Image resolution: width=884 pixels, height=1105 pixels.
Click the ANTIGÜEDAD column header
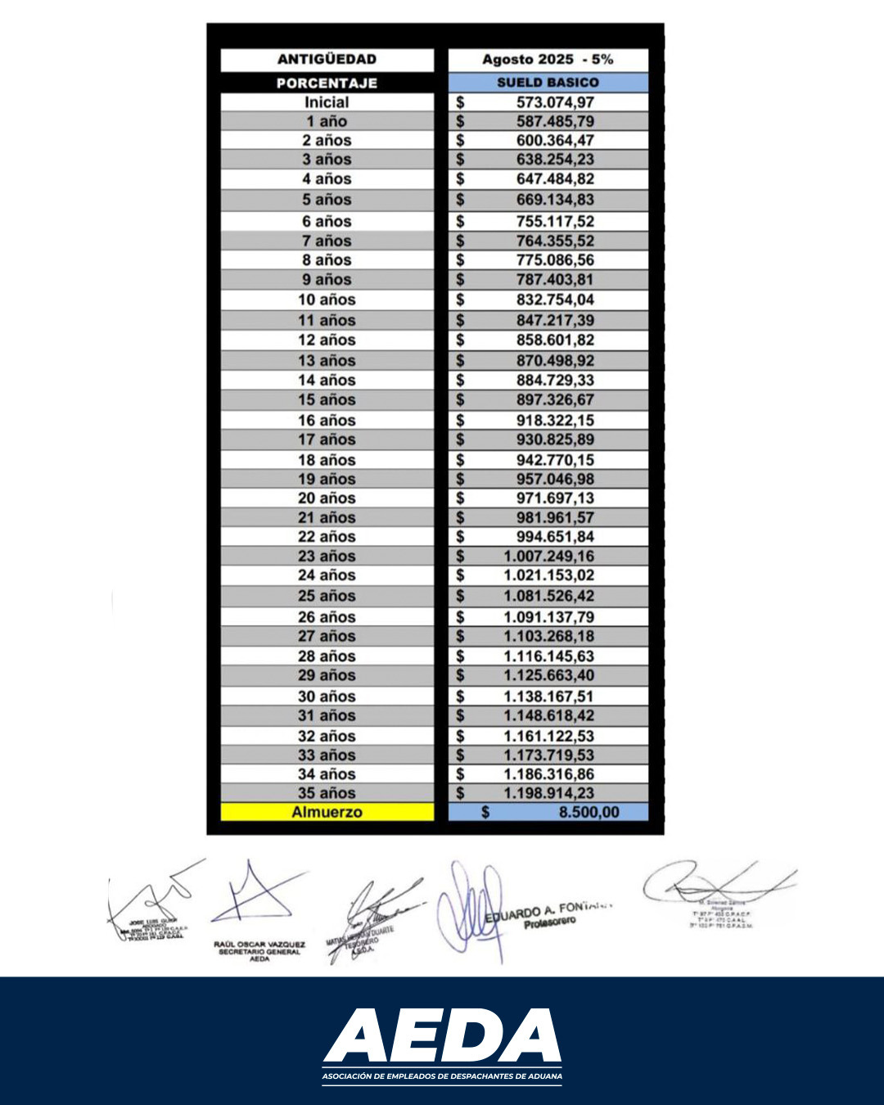pyautogui.click(x=327, y=60)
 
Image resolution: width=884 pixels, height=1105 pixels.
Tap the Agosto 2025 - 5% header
pyautogui.click(x=548, y=60)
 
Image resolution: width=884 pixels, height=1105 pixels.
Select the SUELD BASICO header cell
pyautogui.click(x=548, y=83)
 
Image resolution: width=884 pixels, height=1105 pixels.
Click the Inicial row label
pyautogui.click(x=327, y=102)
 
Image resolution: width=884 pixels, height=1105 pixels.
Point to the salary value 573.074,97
pyautogui.click(x=555, y=102)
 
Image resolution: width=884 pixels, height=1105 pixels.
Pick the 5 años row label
pyautogui.click(x=327, y=200)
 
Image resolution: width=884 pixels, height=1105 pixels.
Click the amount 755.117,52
pyautogui.click(x=555, y=221)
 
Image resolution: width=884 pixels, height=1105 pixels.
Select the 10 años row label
pyautogui.click(x=327, y=300)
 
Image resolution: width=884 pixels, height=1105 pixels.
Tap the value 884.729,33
pyautogui.click(x=555, y=380)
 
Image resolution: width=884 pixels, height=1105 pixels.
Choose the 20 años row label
pyautogui.click(x=327, y=498)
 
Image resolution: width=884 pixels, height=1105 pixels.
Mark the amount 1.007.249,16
pyautogui.click(x=548, y=556)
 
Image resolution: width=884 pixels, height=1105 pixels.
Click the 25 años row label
pyautogui.click(x=327, y=596)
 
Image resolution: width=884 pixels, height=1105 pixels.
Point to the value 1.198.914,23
pyautogui.click(x=548, y=793)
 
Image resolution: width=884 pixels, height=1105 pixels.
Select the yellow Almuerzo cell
pyautogui.click(x=327, y=812)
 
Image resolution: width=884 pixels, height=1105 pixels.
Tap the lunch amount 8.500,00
pyautogui.click(x=589, y=812)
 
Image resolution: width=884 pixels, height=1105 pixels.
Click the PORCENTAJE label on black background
pyautogui.click(x=327, y=83)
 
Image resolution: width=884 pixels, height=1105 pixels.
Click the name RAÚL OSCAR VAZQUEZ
pyautogui.click(x=259, y=945)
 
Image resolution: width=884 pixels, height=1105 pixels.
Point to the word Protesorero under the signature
pyautogui.click(x=549, y=922)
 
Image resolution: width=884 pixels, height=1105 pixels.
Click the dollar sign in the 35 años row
pyautogui.click(x=460, y=793)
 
